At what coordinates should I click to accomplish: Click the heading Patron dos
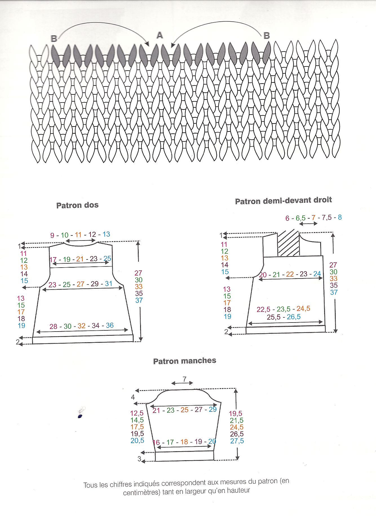[x=77, y=205]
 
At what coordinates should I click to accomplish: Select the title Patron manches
[x=185, y=361]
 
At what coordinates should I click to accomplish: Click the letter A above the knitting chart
[x=160, y=35]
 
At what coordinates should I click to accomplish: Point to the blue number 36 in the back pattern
[x=110, y=325]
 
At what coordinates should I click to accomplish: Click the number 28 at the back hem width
[x=53, y=326]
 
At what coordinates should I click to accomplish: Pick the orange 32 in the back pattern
[x=81, y=326]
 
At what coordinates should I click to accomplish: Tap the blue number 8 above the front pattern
[x=340, y=217]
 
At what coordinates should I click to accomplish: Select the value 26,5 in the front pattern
[x=294, y=317]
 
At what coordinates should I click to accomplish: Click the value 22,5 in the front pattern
[x=263, y=309]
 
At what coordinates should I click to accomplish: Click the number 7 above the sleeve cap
[x=184, y=379]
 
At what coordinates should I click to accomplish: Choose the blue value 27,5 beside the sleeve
[x=237, y=441]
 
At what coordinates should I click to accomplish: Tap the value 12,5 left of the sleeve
[x=137, y=413]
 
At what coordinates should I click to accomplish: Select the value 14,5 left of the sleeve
[x=137, y=420]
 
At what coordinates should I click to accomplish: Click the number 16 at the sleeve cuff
[x=156, y=442]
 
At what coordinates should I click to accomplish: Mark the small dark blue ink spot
[x=80, y=416]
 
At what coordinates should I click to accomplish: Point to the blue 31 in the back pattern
[x=109, y=284]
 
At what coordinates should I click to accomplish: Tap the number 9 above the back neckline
[x=52, y=235]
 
